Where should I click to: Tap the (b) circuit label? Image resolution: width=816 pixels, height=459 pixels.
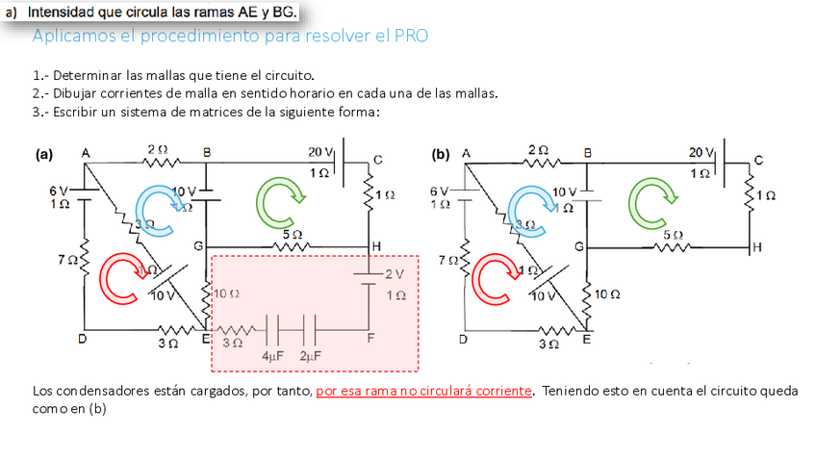441,153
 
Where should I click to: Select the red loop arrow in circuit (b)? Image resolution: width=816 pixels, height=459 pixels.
497,276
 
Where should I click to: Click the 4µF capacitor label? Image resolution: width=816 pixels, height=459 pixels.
272,355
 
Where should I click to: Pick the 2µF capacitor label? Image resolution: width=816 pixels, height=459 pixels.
310,355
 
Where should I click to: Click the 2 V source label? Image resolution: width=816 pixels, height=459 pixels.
395,273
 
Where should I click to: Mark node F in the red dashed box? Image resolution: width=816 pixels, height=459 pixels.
370,338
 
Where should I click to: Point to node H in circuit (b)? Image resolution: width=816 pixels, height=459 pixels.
758,247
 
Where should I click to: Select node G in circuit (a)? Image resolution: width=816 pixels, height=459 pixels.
199,247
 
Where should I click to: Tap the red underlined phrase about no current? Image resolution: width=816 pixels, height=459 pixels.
423,391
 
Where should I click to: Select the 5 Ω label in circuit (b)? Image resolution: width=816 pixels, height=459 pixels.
672,234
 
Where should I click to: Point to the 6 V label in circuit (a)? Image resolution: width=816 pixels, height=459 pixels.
60,190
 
